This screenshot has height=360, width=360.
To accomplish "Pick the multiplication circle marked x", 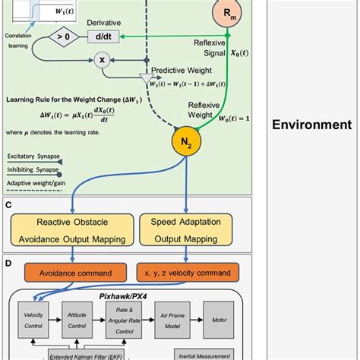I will (99, 58).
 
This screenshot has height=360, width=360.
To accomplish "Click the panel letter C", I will (8, 205).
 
